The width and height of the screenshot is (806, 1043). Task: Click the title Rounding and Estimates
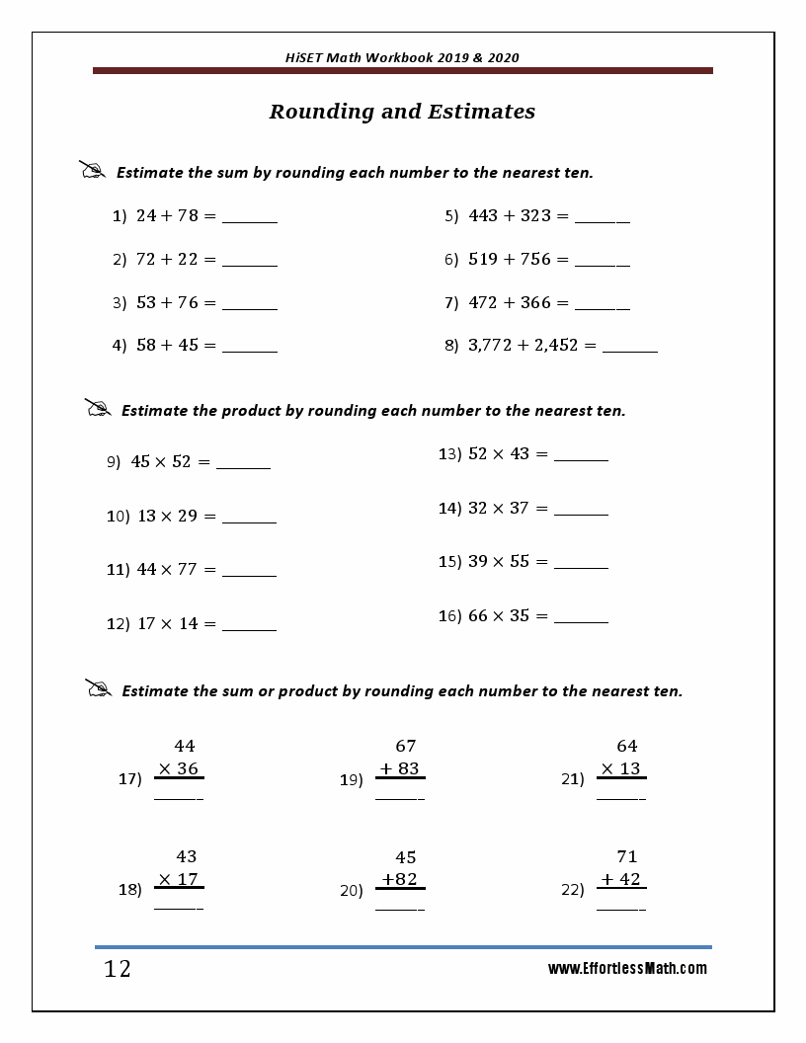[402, 112]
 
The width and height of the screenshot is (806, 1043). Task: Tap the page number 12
[117, 969]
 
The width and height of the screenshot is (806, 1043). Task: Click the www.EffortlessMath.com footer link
[627, 969]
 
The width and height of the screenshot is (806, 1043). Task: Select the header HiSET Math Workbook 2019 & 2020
[402, 57]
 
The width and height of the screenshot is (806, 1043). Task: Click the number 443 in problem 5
[483, 215]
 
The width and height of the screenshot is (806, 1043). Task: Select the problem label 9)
[114, 461]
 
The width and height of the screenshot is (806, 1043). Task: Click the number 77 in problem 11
[188, 569]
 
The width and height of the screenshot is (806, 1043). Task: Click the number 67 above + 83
[405, 746]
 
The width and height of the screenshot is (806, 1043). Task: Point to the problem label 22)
[573, 890]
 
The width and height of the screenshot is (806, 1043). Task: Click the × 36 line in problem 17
[179, 768]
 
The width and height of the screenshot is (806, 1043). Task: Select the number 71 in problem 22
[626, 856]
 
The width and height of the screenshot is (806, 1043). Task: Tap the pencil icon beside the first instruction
[92, 170]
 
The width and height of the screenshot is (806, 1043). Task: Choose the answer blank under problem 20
[399, 907]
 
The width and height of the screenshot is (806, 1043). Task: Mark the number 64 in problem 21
[626, 746]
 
